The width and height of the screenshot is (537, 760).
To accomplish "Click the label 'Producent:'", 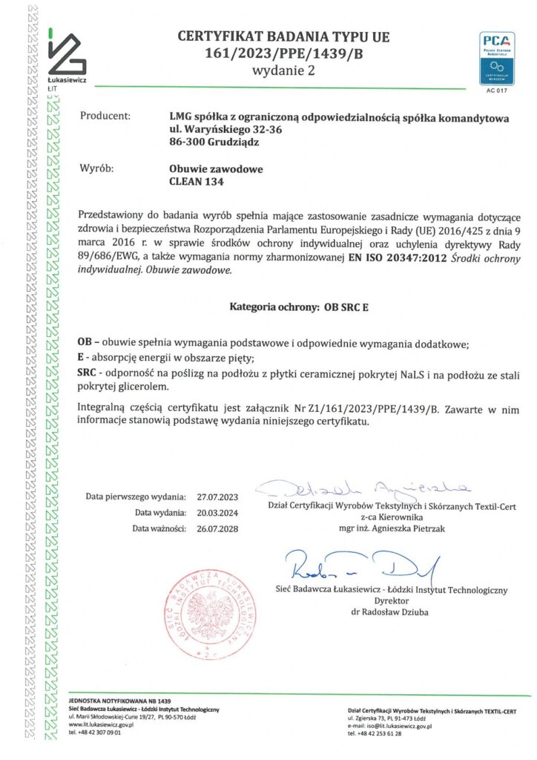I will (x=105, y=117).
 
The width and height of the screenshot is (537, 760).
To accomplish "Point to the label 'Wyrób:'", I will (x=97, y=168).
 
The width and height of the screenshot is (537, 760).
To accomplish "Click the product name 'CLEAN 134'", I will (x=197, y=181).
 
